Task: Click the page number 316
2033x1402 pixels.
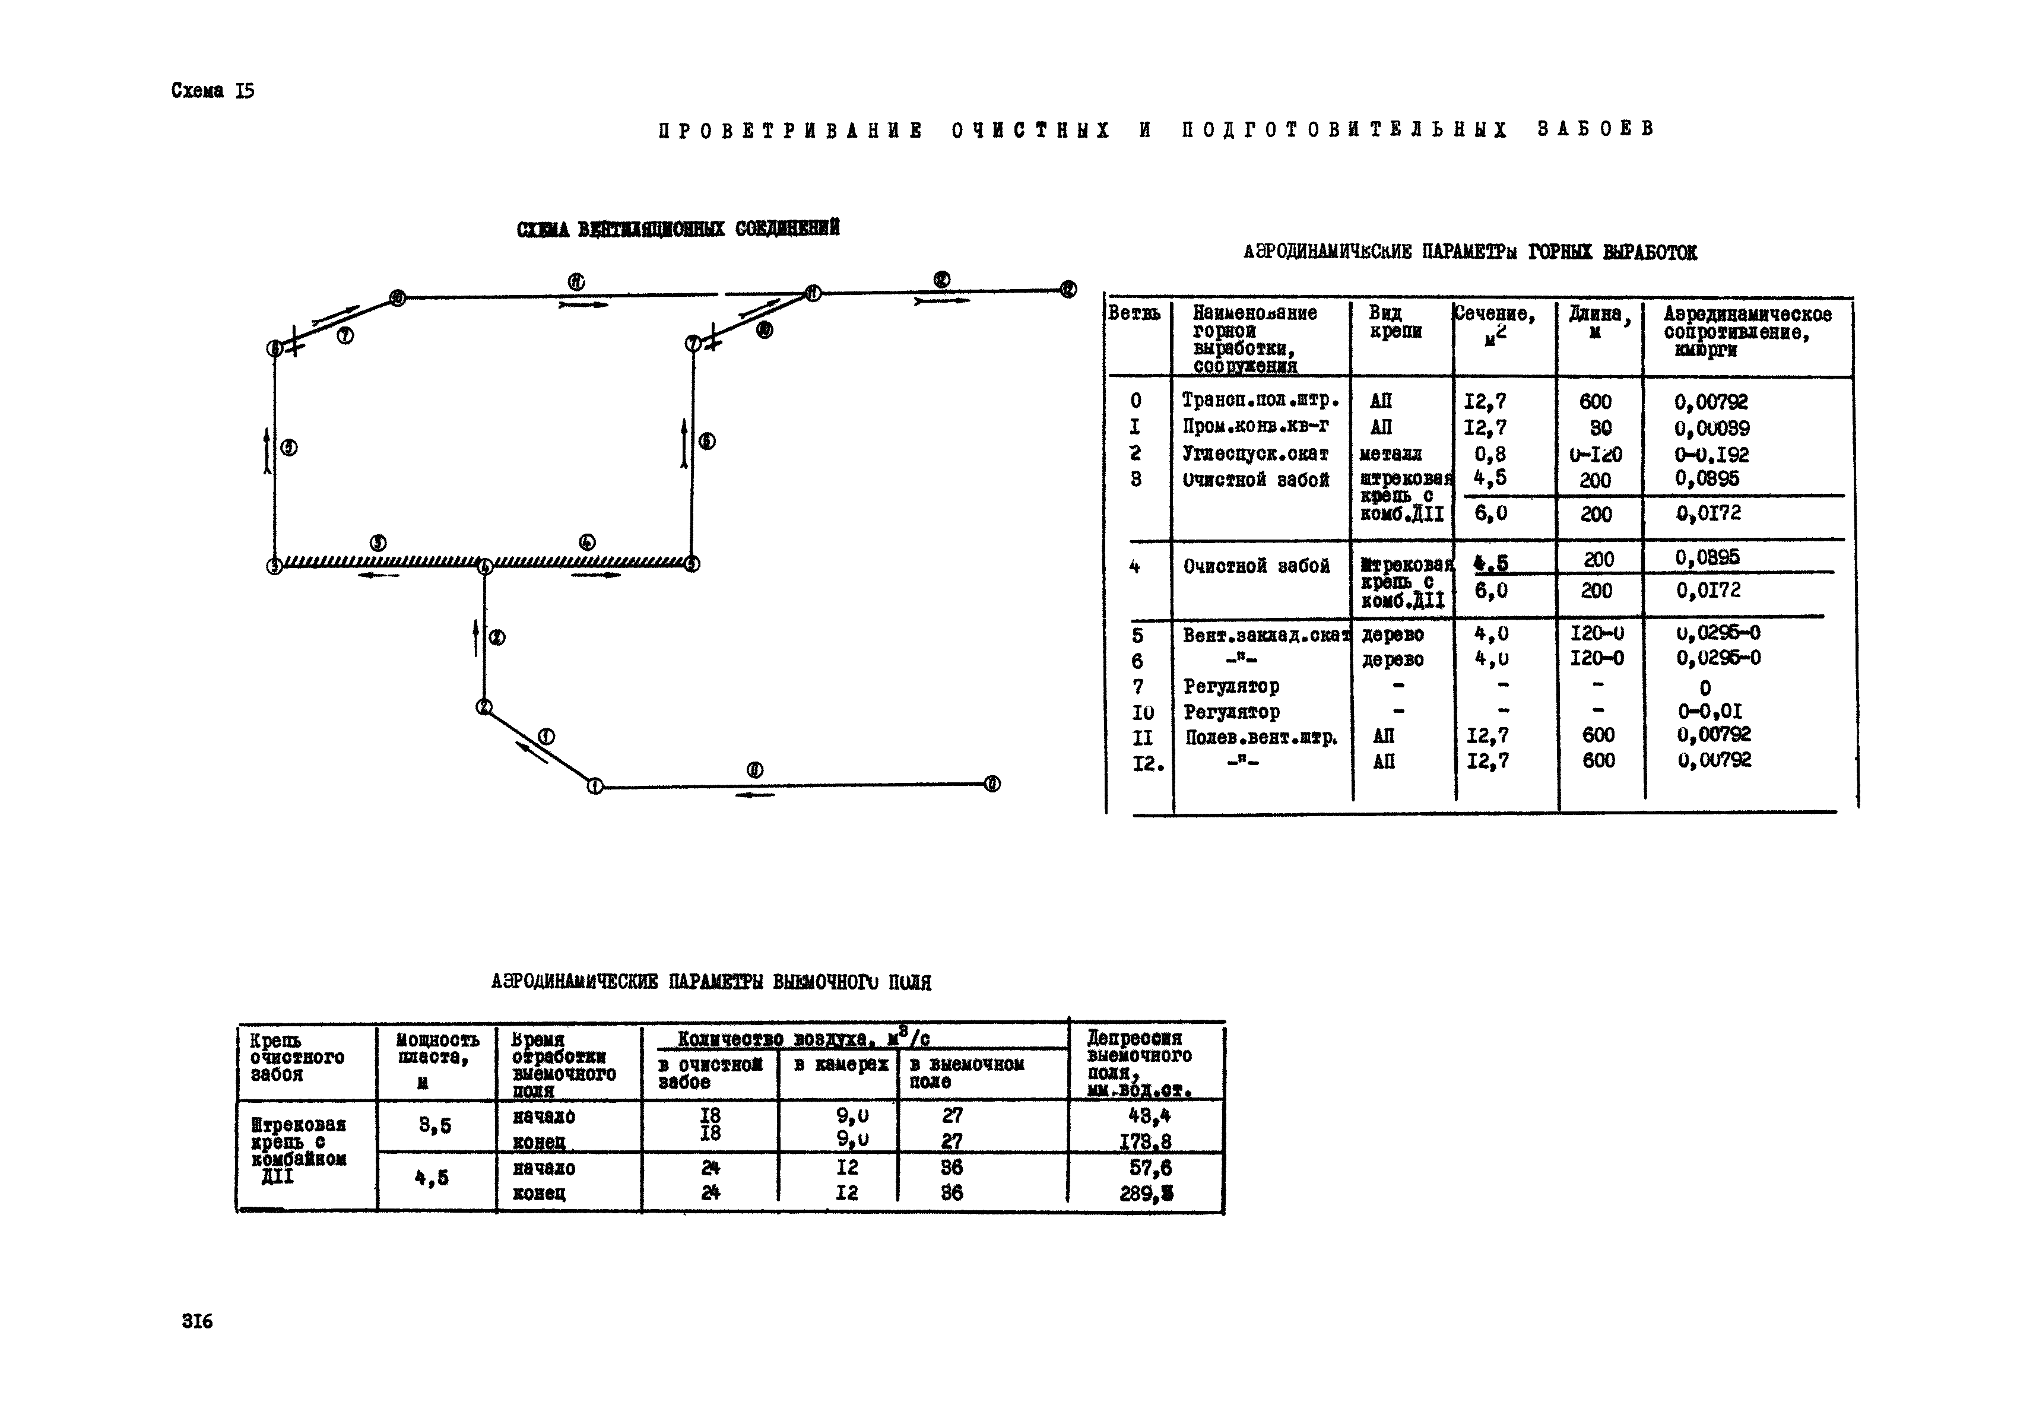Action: [197, 1321]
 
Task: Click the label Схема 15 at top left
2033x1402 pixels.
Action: [213, 90]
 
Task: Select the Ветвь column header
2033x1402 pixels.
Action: [1133, 313]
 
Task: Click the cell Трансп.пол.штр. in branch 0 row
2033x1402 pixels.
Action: [1260, 401]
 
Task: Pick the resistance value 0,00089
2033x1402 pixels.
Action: [1711, 428]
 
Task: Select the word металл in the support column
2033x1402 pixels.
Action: [1390, 454]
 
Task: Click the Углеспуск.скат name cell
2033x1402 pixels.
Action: [1255, 454]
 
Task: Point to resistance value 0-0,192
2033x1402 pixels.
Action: [1711, 454]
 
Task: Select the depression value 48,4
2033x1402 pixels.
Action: [1149, 1116]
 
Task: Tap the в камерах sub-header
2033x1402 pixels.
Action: [840, 1065]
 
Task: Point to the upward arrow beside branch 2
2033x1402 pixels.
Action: [475, 637]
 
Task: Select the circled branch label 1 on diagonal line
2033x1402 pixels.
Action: [545, 736]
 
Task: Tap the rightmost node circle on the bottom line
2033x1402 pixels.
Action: [992, 784]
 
